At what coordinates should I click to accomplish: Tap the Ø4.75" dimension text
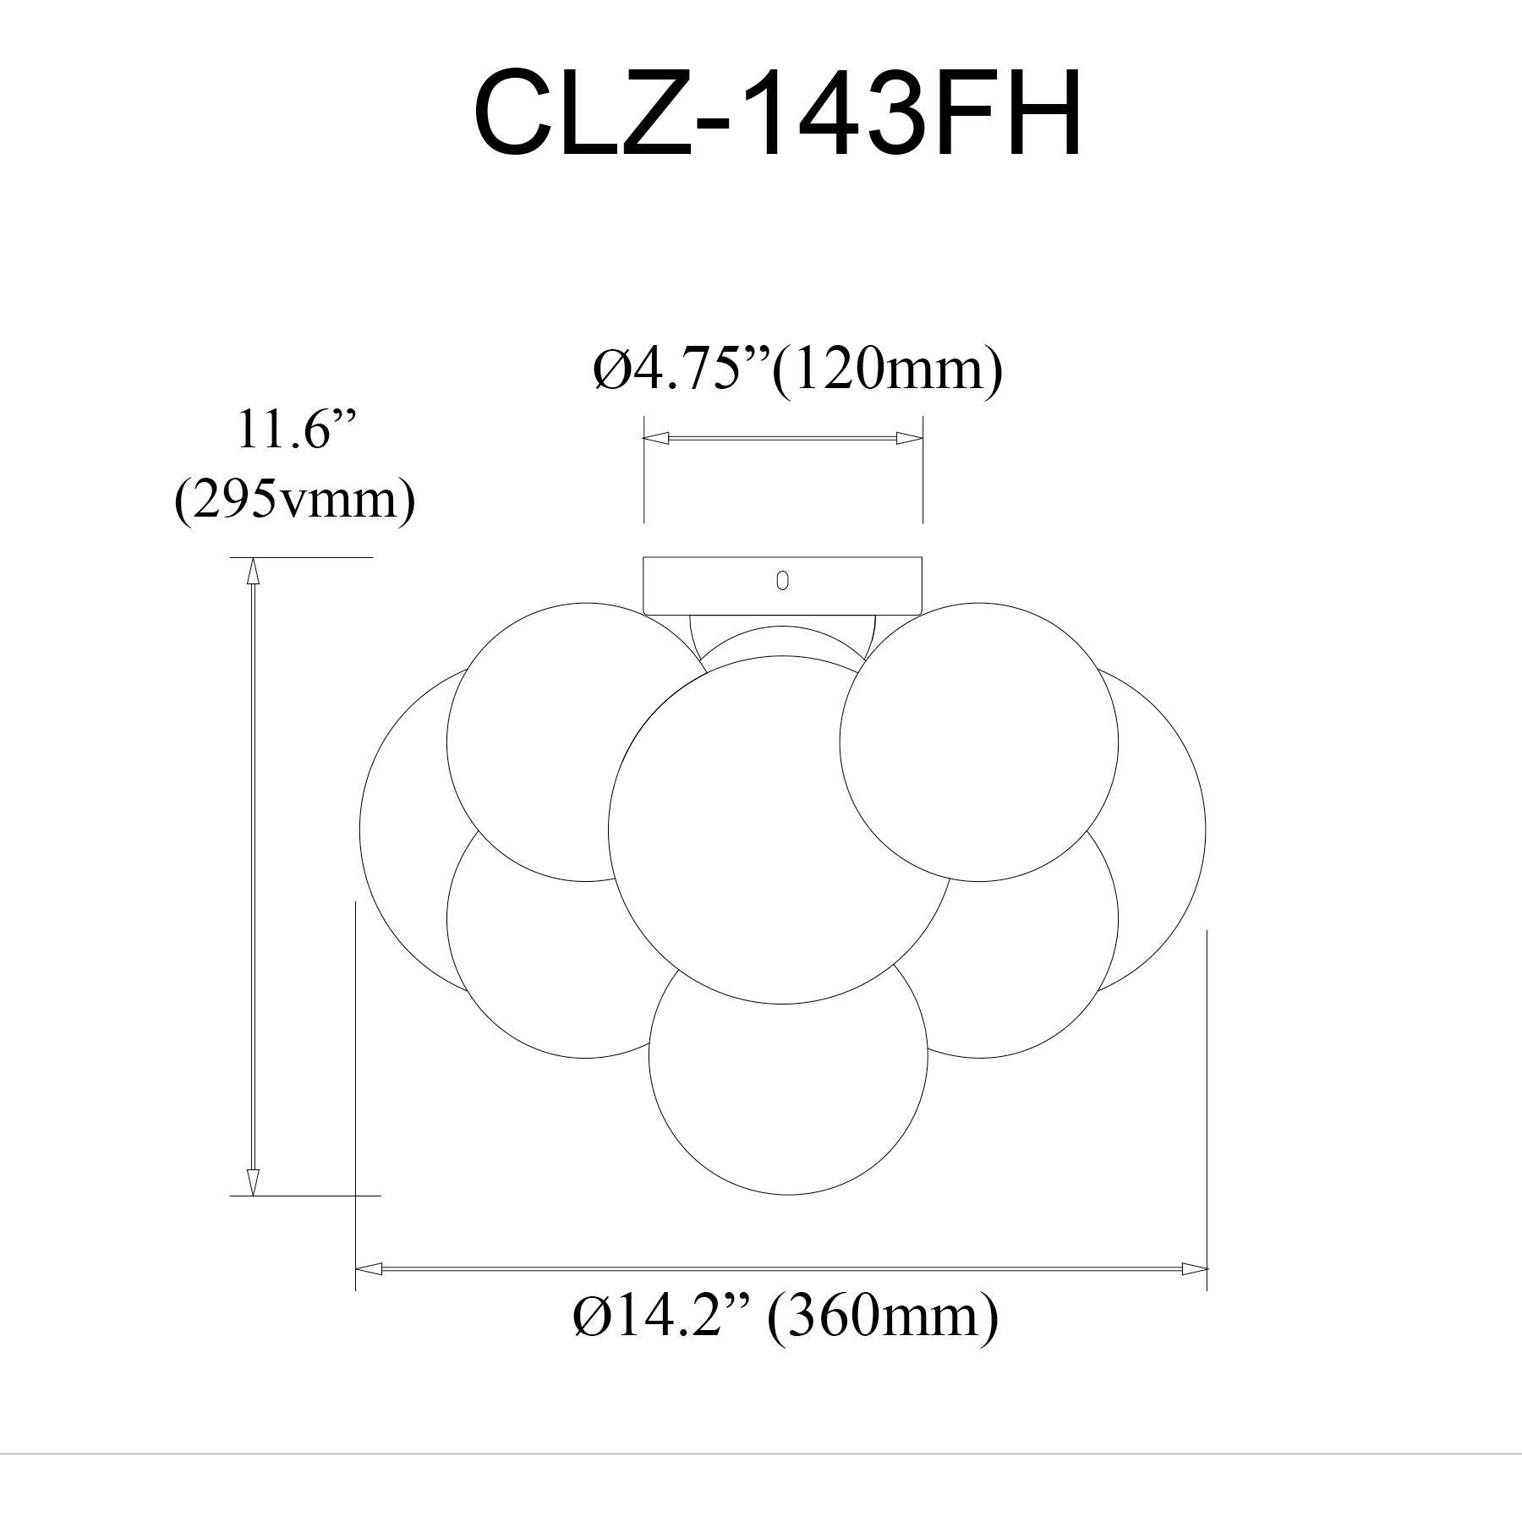tap(681, 370)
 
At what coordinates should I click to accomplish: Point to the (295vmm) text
tap(294, 501)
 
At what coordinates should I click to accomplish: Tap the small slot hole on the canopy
tap(782, 581)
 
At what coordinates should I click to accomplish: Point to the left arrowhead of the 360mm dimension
tap(369, 1293)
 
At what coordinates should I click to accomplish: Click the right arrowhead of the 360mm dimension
tap(1194, 1293)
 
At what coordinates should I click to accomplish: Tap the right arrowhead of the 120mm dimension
tap(909, 438)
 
